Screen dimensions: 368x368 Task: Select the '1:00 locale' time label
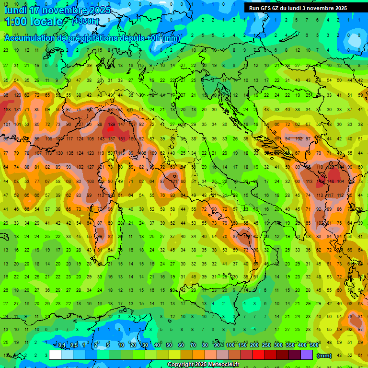(x=34, y=22)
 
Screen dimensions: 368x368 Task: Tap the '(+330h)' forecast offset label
(x=85, y=21)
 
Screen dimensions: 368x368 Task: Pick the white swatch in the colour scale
(x=55, y=355)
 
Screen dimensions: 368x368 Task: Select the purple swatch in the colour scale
(x=307, y=355)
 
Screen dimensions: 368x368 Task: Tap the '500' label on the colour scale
(x=314, y=345)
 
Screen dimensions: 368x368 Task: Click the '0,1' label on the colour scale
(x=62, y=345)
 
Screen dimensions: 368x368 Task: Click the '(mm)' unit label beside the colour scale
(x=324, y=355)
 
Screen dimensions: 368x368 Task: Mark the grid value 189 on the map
(x=112, y=125)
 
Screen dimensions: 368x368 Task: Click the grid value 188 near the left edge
(x=7, y=110)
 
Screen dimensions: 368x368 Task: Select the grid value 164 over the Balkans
(x=340, y=182)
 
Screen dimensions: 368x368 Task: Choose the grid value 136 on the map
(x=70, y=153)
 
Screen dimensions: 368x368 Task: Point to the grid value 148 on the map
(x=330, y=182)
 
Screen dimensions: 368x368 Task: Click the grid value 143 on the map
(x=101, y=139)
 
